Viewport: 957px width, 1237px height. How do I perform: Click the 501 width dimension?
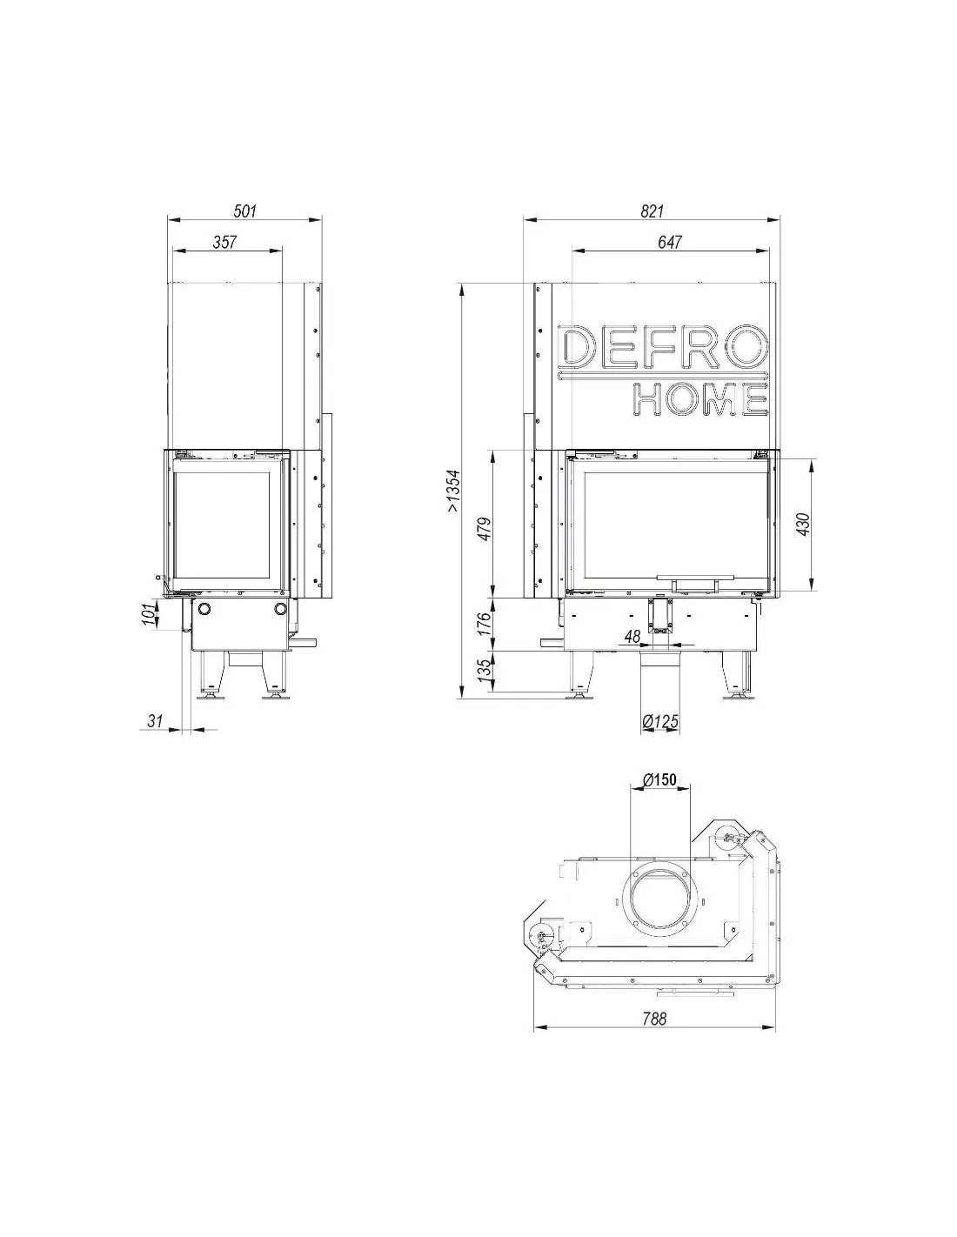coord(244,211)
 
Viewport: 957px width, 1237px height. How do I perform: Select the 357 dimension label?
coord(224,243)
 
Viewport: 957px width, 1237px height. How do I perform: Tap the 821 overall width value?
coord(652,211)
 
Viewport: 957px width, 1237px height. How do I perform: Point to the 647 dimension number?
coord(670,243)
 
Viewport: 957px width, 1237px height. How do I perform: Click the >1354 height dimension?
coord(453,491)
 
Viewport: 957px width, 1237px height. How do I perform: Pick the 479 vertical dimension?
coord(484,529)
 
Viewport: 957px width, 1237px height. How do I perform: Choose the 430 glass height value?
coord(803,525)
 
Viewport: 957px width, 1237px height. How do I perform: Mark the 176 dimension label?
coord(484,624)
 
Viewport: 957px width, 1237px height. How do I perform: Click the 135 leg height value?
coord(484,671)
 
